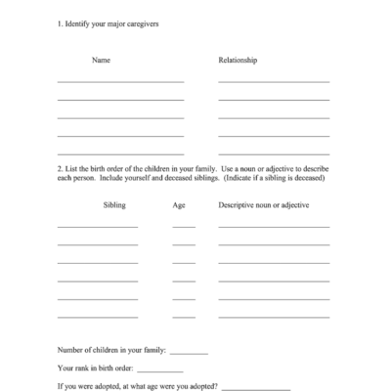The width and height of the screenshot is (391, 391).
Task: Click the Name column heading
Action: [101, 61]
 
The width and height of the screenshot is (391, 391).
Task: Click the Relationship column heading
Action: [238, 61]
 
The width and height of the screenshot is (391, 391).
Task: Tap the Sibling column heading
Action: [114, 205]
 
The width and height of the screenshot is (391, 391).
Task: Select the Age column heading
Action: [179, 205]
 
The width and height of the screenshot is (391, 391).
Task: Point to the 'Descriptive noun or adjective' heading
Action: [263, 205]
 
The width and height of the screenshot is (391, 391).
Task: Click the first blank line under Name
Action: [120, 81]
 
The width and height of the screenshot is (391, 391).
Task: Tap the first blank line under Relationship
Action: [274, 81]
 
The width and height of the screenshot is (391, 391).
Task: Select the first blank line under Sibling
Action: [98, 227]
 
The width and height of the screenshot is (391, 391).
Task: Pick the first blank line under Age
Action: [184, 227]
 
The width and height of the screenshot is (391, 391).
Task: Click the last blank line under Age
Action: [184, 316]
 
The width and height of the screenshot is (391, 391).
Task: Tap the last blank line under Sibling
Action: [98, 316]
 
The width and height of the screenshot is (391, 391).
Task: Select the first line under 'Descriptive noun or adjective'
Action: [274, 227]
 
